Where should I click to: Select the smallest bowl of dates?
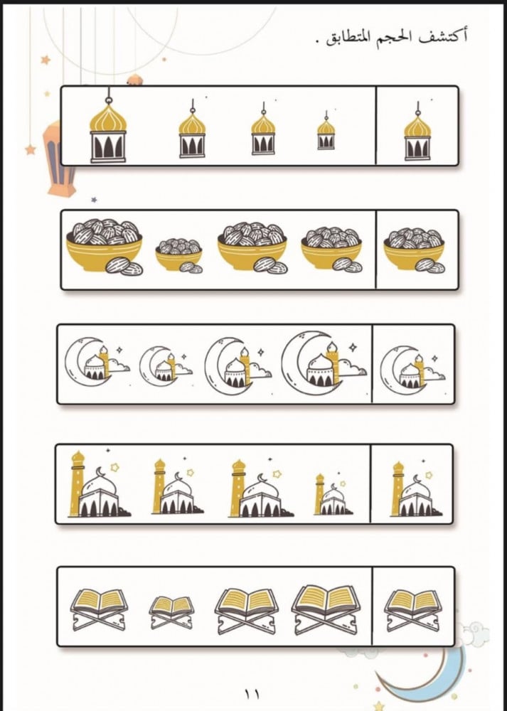click(179, 256)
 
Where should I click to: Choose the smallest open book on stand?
click(171, 612)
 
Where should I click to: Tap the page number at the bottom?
click(252, 694)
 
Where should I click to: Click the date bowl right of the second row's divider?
click(414, 250)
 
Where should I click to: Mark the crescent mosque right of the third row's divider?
click(412, 368)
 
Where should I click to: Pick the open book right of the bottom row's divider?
click(412, 610)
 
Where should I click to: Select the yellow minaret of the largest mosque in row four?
click(77, 483)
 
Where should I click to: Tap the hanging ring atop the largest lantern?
click(108, 101)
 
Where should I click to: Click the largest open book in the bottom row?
click(326, 609)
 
